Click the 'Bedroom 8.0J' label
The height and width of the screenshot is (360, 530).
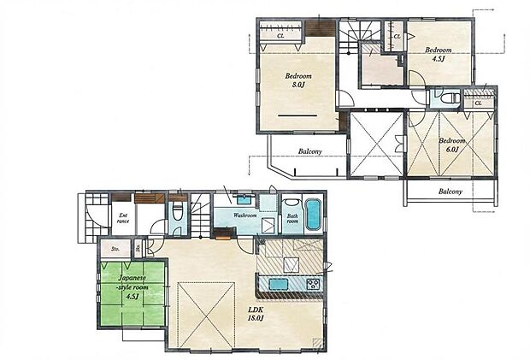[x=298, y=80]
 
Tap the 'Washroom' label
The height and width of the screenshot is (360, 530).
[x=245, y=215]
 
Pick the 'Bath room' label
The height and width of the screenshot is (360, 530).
[x=292, y=220]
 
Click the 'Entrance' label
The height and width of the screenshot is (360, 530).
[x=123, y=219]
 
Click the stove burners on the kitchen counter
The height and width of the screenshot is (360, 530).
[x=312, y=284]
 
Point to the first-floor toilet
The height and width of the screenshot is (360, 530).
[x=177, y=214]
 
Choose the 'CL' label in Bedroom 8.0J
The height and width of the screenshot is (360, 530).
[x=282, y=36]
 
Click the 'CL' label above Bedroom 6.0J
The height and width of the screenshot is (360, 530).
[x=478, y=103]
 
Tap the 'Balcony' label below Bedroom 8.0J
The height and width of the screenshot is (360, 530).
[x=309, y=151]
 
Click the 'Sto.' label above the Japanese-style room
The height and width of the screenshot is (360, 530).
[x=115, y=250]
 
